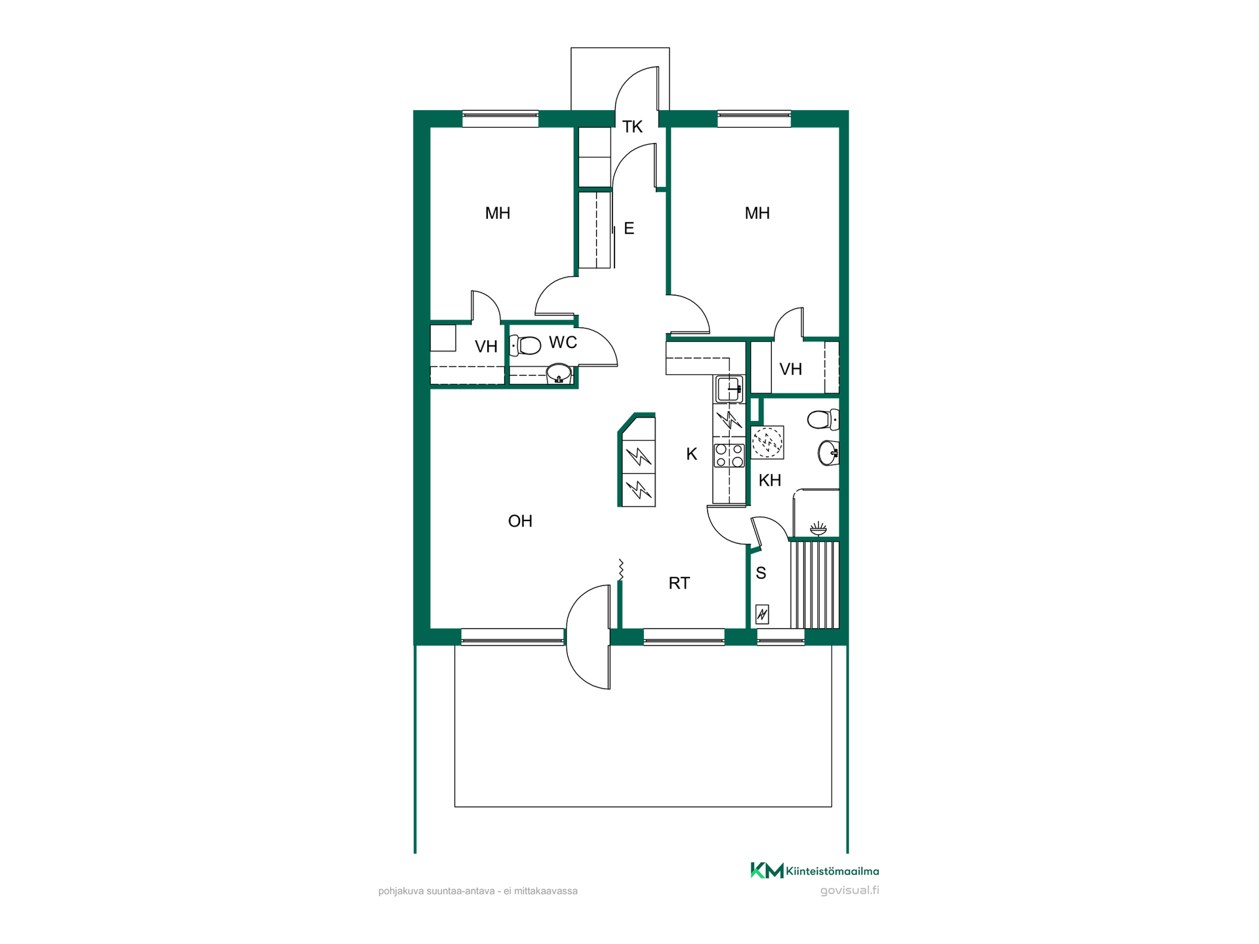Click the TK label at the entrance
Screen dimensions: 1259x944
pyautogui.click(x=632, y=127)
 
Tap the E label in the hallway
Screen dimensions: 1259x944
pyautogui.click(x=629, y=228)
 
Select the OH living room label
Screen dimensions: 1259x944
pyautogui.click(x=520, y=521)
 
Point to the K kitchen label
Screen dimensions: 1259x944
pyautogui.click(x=692, y=454)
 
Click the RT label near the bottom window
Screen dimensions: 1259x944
pyautogui.click(x=679, y=583)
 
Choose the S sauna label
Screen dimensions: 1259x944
pyautogui.click(x=761, y=573)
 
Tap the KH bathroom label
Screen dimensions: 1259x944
pyautogui.click(x=770, y=481)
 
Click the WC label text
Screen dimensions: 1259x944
pyautogui.click(x=563, y=342)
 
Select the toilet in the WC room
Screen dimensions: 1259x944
pyautogui.click(x=525, y=345)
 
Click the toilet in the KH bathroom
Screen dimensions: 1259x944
pyautogui.click(x=823, y=419)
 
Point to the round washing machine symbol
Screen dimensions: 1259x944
pyautogui.click(x=767, y=442)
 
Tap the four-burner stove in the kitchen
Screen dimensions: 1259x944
pyautogui.click(x=729, y=455)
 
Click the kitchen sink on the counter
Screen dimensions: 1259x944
pyautogui.click(x=729, y=389)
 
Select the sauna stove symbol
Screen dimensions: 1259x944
pyautogui.click(x=762, y=614)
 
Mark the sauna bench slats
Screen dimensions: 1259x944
pyautogui.click(x=814, y=585)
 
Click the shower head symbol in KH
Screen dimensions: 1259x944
pyautogui.click(x=818, y=528)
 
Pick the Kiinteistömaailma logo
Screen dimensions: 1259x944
pyautogui.click(x=815, y=871)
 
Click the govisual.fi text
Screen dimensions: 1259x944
pyautogui.click(x=850, y=890)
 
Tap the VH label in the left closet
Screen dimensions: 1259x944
pyautogui.click(x=486, y=347)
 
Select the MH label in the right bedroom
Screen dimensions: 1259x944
pyautogui.click(x=757, y=213)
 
